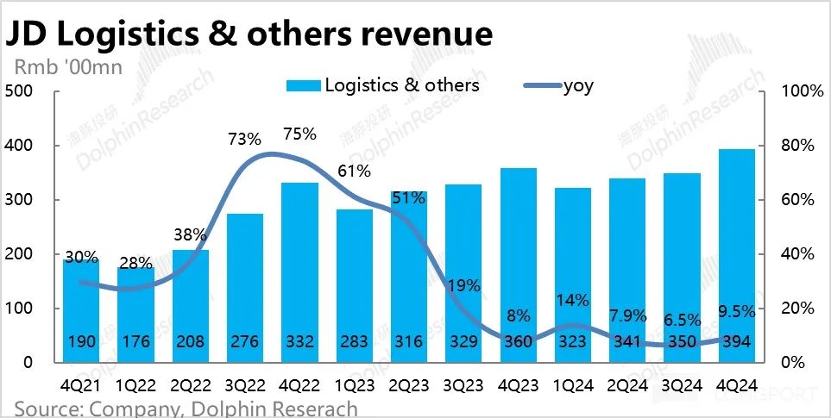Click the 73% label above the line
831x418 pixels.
click(x=245, y=139)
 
